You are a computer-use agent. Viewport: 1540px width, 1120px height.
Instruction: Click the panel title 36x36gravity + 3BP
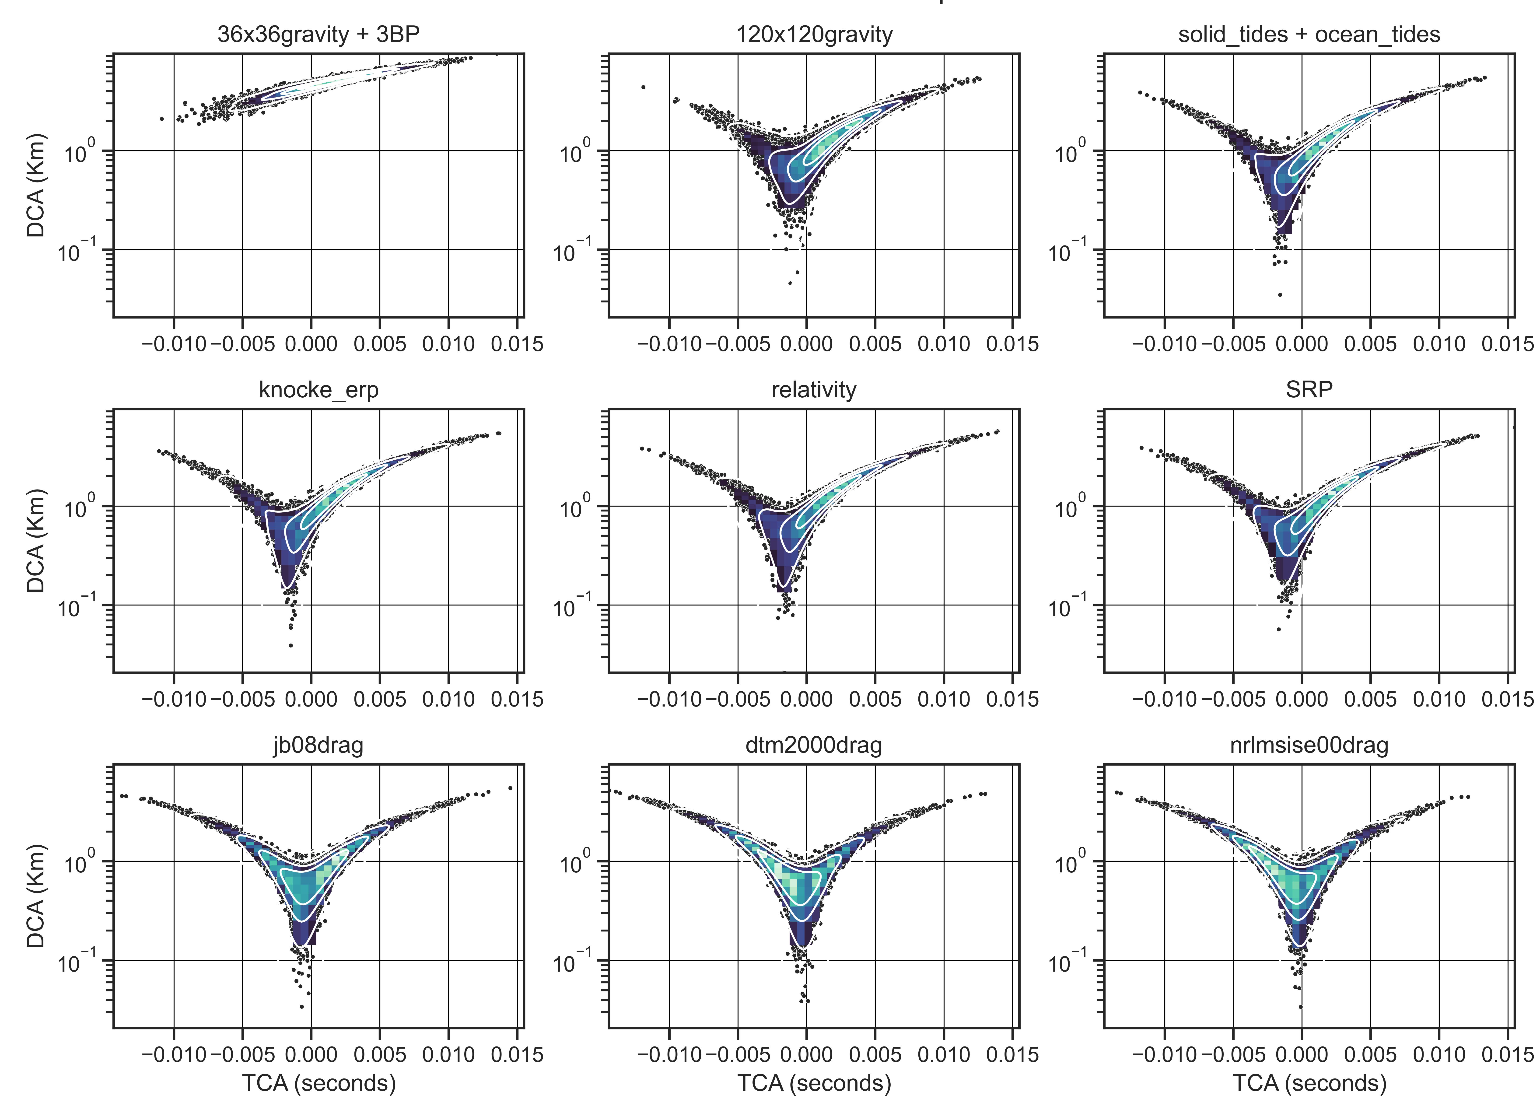coord(318,34)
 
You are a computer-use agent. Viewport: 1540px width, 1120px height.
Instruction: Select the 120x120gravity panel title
coord(814,34)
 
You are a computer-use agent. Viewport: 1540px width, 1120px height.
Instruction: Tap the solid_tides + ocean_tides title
coord(1309,34)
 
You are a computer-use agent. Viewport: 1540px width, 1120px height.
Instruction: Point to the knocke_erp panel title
coord(318,390)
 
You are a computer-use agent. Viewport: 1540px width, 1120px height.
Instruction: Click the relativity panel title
coord(814,390)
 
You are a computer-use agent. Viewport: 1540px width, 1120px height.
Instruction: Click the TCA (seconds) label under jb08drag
coord(318,1083)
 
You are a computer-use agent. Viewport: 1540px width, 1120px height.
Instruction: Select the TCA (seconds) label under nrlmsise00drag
coord(1309,1083)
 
